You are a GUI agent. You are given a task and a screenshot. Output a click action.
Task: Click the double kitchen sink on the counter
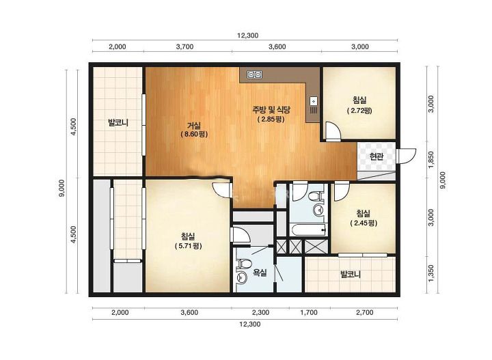click(254, 74)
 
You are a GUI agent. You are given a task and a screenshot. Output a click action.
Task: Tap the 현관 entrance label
click(377, 156)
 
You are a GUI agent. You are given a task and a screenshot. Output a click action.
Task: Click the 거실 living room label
click(194, 126)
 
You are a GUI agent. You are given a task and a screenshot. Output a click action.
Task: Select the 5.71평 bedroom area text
click(188, 246)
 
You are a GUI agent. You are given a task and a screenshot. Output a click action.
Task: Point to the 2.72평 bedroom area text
click(359, 111)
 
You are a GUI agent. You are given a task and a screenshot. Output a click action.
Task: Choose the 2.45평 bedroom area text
click(364, 223)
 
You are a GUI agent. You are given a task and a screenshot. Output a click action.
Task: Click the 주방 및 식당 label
click(271, 109)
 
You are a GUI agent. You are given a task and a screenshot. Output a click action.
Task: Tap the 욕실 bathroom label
click(260, 272)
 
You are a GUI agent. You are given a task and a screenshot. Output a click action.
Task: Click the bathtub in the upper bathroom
click(310, 230)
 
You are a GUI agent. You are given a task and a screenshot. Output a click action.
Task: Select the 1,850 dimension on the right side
click(430, 159)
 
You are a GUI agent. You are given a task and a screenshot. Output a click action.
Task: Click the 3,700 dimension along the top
click(184, 46)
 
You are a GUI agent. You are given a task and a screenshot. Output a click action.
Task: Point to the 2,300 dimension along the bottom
click(261, 312)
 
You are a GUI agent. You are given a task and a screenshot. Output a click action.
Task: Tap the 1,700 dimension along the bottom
click(309, 312)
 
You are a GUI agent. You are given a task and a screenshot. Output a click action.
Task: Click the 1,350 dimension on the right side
click(430, 273)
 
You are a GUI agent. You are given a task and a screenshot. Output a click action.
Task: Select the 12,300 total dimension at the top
click(247, 35)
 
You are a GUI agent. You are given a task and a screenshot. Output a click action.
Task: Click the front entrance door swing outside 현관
click(406, 156)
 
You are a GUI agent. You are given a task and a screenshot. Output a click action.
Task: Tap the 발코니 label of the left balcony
click(118, 122)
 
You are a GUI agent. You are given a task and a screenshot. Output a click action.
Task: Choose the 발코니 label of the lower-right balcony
click(351, 275)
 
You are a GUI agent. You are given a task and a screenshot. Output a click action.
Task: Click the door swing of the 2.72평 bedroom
click(332, 130)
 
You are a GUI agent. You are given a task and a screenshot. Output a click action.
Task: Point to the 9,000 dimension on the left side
click(61, 188)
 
